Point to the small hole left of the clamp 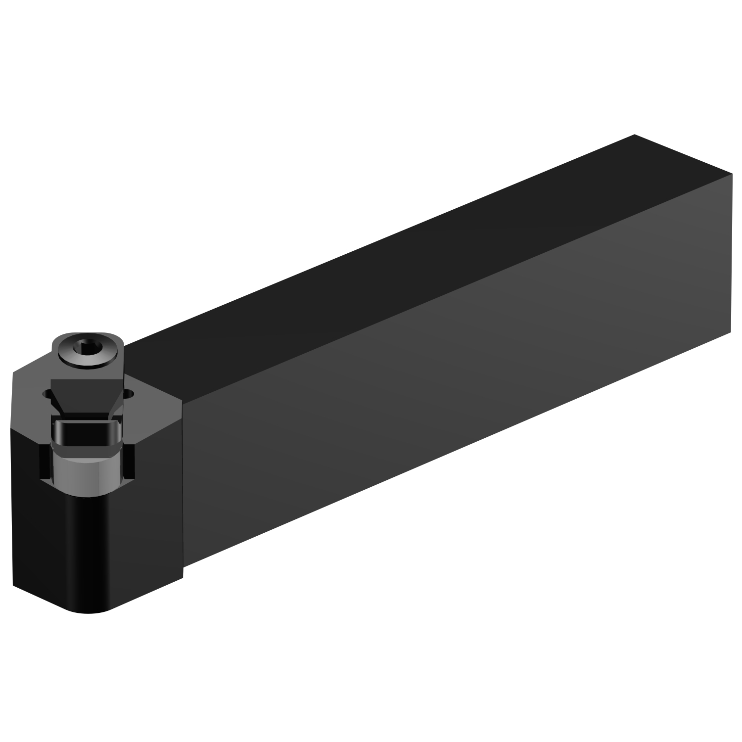[x=47, y=394]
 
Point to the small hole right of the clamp [x=130, y=394]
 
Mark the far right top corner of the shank [x=732, y=174]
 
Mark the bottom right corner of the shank [x=731, y=333]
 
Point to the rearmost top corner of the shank [x=634, y=135]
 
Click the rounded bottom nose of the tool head [x=89, y=611]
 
